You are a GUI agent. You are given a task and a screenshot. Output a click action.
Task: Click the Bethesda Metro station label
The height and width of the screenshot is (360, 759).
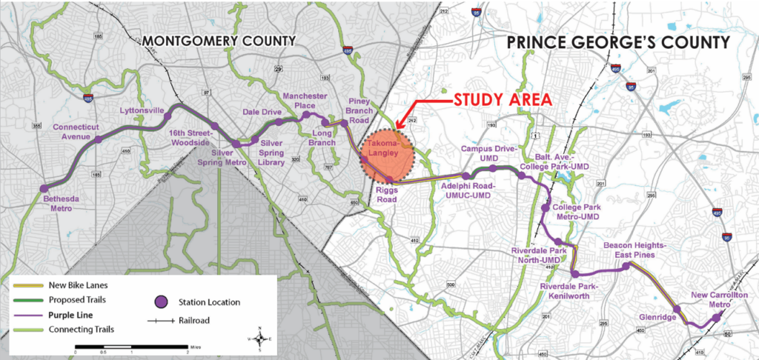tap(56, 204)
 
